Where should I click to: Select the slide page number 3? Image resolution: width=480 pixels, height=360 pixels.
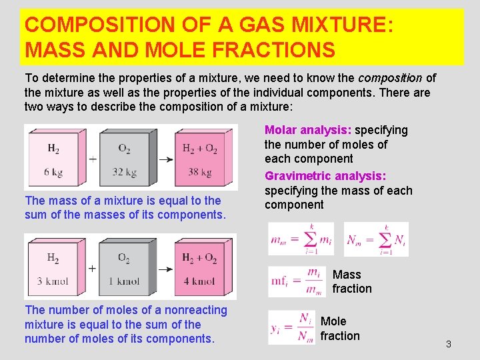click(x=448, y=344)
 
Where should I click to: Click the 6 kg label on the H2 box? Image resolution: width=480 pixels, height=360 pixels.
click(x=53, y=173)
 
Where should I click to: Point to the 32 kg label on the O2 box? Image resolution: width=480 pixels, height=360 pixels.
click(x=124, y=173)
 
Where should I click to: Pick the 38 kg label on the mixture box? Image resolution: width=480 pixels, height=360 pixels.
click(x=199, y=173)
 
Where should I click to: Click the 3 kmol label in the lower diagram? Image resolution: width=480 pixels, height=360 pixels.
click(x=53, y=281)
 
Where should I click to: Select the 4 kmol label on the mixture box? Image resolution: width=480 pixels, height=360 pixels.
click(x=199, y=281)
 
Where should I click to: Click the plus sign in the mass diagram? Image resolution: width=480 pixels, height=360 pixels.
click(x=92, y=160)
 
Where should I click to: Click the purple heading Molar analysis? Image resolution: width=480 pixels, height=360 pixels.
click(x=308, y=130)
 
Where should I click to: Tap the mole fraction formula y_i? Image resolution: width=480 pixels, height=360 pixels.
click(x=291, y=328)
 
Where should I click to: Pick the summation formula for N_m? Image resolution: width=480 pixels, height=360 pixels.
click(x=376, y=239)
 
